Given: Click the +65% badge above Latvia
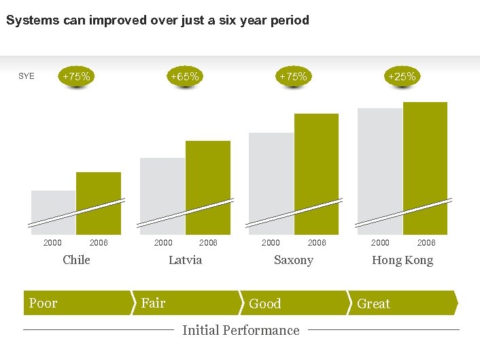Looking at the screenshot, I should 185,77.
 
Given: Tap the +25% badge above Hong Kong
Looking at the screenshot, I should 402,77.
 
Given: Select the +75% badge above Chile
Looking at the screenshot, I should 76,77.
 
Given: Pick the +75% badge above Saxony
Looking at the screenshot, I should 293,77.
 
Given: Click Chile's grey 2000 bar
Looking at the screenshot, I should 54,204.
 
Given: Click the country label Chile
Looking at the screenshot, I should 76,260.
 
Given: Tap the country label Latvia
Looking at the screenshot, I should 185,260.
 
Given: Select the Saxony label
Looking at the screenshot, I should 293,260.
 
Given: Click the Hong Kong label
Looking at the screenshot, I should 402,260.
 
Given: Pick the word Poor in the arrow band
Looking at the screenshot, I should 43,304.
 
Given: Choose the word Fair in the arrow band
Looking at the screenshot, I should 153,303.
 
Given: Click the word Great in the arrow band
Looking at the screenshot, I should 373,304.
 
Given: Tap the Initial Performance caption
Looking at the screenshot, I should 241,330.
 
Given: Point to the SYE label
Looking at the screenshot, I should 27,76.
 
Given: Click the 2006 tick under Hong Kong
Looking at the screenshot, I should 426,243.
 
